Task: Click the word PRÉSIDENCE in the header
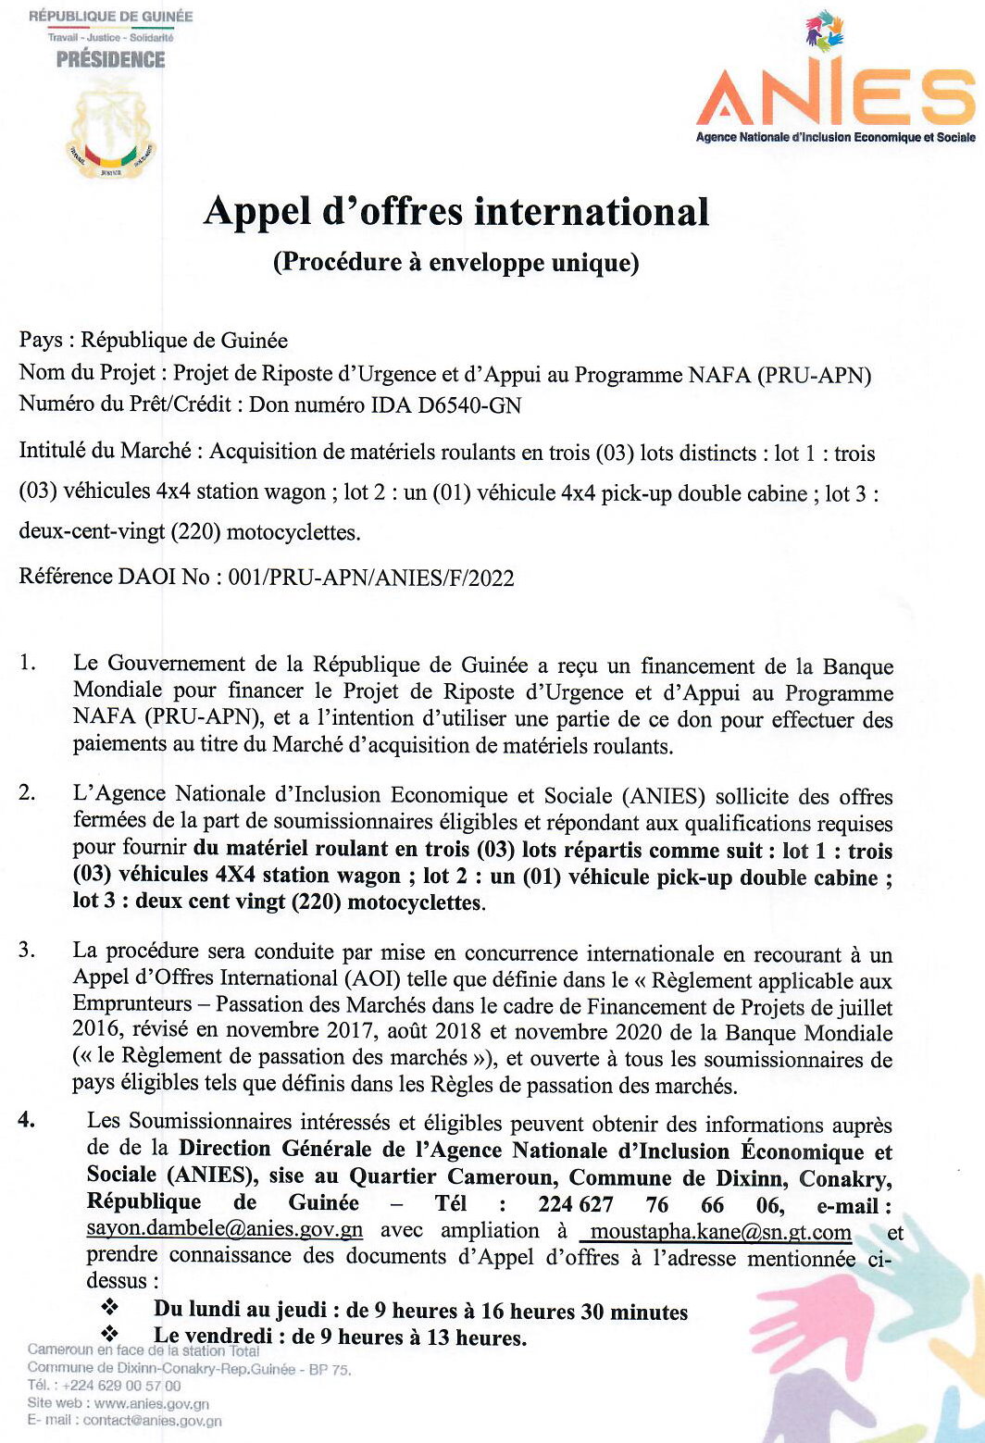110,60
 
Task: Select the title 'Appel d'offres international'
456,212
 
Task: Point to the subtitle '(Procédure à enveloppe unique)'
455,263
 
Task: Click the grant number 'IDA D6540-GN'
445,405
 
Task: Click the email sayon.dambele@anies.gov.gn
224,1231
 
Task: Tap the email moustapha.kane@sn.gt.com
720,1232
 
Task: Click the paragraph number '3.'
27,951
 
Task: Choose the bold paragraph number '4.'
27,1121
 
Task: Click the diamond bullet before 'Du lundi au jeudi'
111,1309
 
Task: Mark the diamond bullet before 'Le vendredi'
111,1335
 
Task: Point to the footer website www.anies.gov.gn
151,1403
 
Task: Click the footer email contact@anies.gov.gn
152,1421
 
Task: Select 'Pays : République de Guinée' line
154,341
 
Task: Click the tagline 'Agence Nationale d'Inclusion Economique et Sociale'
835,137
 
